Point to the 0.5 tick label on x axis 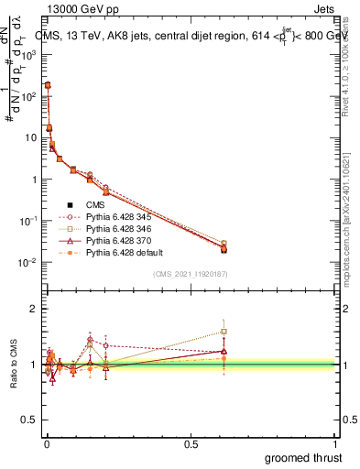click(191, 443)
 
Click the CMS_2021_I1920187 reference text click(191, 274)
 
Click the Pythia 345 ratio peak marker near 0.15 click(90, 339)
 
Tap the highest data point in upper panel click(47, 85)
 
